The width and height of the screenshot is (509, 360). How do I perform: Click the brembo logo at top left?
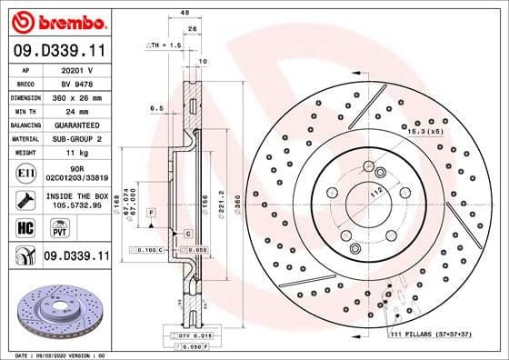(x=56, y=21)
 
